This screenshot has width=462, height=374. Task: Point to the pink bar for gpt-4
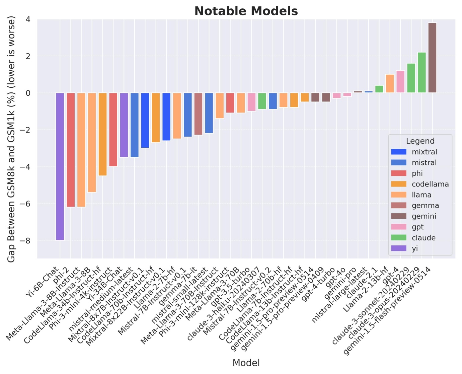(x=400, y=82)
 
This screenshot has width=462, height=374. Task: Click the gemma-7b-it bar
(x=198, y=114)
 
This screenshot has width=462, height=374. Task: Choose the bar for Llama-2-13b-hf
(x=390, y=84)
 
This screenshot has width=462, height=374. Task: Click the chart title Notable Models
(x=246, y=11)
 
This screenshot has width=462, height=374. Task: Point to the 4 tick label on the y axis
(x=28, y=19)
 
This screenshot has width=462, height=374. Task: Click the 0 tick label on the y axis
(x=28, y=93)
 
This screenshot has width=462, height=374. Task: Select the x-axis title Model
(x=246, y=363)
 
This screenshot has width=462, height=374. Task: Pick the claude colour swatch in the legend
(x=398, y=238)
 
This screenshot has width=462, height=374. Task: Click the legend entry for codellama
(x=430, y=184)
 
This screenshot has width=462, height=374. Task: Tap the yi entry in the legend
(x=415, y=248)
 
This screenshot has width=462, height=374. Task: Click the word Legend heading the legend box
(x=420, y=141)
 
